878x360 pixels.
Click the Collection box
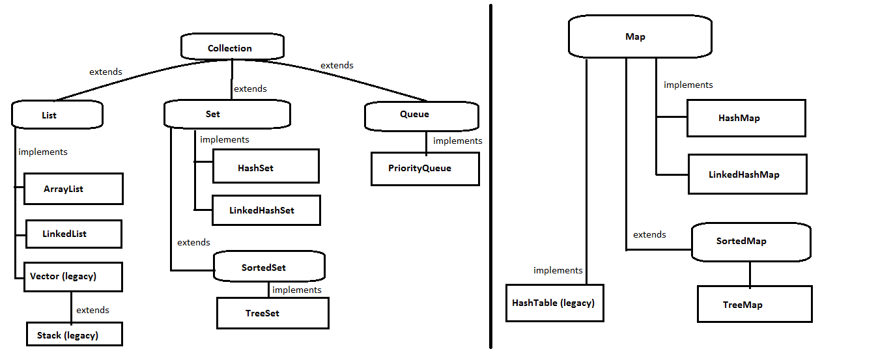233,47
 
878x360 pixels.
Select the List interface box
57,115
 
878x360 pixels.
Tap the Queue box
421,116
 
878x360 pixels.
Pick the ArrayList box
74,189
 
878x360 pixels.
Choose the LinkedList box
74,234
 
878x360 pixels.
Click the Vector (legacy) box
73,277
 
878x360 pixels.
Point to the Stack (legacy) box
74,334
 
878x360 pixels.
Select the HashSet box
266,166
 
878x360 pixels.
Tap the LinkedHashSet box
266,210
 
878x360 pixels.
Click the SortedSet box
269,266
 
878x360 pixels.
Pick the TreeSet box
273,313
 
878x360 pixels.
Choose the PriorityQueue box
425,169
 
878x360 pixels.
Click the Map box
640,36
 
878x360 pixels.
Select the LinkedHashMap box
748,174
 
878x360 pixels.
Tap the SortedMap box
751,242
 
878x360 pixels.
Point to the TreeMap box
754,304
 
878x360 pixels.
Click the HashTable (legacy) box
555,303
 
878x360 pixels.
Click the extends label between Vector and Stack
92,311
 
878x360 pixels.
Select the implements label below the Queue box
457,141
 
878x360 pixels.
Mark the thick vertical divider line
490,176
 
